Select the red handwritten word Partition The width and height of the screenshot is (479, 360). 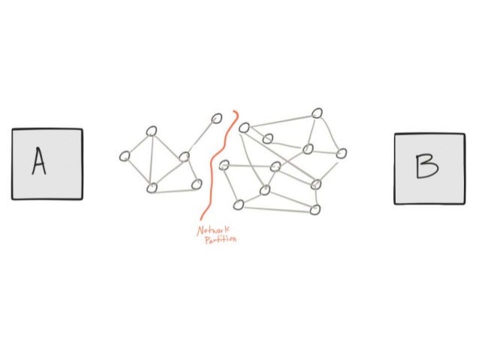(x=219, y=241)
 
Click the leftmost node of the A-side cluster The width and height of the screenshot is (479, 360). (x=125, y=156)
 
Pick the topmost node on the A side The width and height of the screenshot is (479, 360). (x=217, y=118)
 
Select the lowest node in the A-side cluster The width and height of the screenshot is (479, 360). (x=152, y=188)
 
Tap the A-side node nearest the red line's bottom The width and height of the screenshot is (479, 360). (x=197, y=184)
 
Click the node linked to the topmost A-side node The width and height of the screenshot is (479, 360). (x=184, y=157)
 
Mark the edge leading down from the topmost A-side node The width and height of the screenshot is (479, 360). (x=200, y=138)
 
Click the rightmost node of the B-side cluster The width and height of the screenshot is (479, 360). (x=342, y=153)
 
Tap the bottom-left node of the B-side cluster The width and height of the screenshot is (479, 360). (x=238, y=204)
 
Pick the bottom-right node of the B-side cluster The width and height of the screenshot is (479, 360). (x=315, y=210)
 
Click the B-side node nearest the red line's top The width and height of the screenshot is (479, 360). (x=243, y=128)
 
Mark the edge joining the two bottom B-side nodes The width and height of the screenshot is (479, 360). (x=276, y=207)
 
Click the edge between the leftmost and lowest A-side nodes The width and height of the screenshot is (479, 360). (x=138, y=172)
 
